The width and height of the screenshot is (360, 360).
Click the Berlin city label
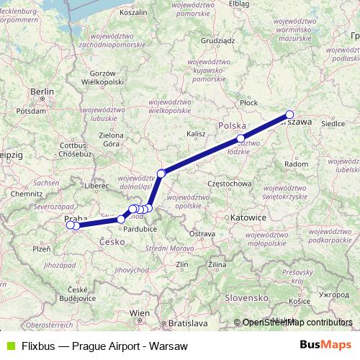[x=42, y=91]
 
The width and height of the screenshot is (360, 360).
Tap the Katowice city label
[x=247, y=216]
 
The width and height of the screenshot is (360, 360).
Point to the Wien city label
[x=140, y=313]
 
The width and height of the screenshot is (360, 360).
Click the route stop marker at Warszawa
[x=289, y=114]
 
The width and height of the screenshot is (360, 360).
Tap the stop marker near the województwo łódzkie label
[x=240, y=138]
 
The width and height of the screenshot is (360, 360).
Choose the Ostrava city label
[x=202, y=233]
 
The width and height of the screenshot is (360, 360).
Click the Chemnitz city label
[x=27, y=194]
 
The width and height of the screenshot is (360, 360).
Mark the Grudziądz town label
[x=219, y=42]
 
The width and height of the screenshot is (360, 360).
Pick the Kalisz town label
[x=196, y=134]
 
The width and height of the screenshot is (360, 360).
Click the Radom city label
[x=297, y=164]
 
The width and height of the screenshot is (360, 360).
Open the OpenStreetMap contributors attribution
[x=297, y=323]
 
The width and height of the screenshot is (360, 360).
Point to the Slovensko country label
[x=245, y=297]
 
